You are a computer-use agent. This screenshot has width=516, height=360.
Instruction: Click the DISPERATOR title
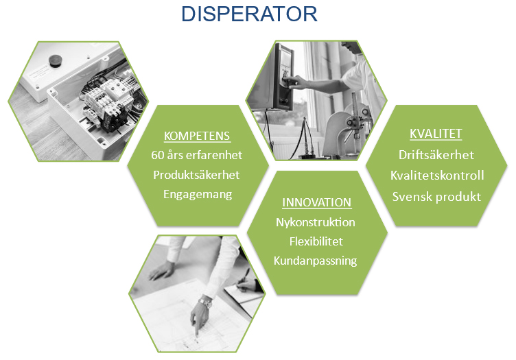pos(249,14)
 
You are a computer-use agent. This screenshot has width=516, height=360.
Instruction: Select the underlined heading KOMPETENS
pos(197,136)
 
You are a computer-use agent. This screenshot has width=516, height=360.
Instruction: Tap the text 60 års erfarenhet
pos(197,155)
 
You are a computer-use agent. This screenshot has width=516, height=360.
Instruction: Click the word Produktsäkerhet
pos(196,175)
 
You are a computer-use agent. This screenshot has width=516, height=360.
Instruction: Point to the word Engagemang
pos(198,194)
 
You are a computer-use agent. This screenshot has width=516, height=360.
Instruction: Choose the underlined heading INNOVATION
pos(317,202)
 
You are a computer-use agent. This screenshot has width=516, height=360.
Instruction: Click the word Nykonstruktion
pos(316,222)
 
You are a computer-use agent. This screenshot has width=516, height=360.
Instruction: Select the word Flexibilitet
pos(316,241)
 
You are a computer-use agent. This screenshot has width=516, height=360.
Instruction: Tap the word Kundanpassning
pos(315,261)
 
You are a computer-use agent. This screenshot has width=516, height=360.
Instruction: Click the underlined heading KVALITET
pos(436,134)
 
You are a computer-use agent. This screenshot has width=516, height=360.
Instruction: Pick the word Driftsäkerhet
pos(436,155)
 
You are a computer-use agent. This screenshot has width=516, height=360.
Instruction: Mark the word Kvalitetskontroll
pos(437,176)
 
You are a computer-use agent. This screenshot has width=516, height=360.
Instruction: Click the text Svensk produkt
pos(436,197)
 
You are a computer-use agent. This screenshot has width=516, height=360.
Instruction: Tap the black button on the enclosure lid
pos(56,61)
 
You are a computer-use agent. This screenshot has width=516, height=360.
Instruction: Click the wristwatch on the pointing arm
pos(205,302)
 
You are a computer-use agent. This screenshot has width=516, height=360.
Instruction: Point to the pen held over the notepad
pos(244,276)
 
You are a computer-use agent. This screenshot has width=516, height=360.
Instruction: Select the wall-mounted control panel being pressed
pos(282,76)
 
